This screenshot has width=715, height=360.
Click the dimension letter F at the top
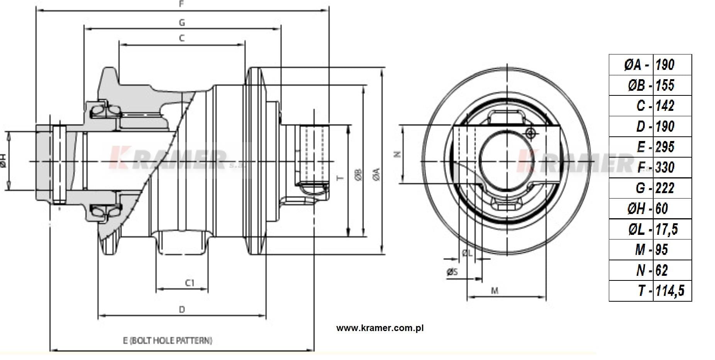[x=181, y=4]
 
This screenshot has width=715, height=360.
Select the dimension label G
[x=182, y=22]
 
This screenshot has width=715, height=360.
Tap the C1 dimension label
[x=190, y=283]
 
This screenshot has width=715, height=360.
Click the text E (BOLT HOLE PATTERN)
[x=168, y=340]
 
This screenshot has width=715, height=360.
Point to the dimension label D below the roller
[x=182, y=309]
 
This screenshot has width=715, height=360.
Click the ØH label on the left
[x=3, y=161]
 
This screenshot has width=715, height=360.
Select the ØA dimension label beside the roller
[x=376, y=175]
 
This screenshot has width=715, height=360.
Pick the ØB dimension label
[x=358, y=175]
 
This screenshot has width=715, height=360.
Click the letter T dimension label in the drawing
[x=340, y=178]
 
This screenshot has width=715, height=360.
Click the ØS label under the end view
[x=452, y=272]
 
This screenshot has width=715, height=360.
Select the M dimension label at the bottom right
[x=495, y=290]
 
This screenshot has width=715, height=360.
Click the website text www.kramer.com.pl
[x=380, y=328]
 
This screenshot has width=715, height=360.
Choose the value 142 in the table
[x=665, y=106]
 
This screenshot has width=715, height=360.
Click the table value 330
[x=665, y=167]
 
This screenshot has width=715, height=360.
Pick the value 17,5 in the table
[x=666, y=229]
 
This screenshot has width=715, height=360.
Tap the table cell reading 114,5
[x=669, y=290]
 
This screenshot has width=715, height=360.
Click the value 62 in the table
[x=661, y=270]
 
